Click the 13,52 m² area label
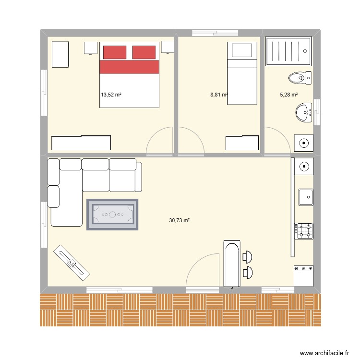111,95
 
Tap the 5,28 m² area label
289,95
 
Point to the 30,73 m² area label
180,220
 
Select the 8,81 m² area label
219,95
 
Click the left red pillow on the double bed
114,52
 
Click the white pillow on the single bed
242,49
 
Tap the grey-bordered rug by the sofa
112,214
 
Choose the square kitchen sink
305,197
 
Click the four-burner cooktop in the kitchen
304,230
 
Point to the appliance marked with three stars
304,276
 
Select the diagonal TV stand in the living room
71,262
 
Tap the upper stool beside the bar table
248,257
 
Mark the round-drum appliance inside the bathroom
304,143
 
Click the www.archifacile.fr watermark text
325,353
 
